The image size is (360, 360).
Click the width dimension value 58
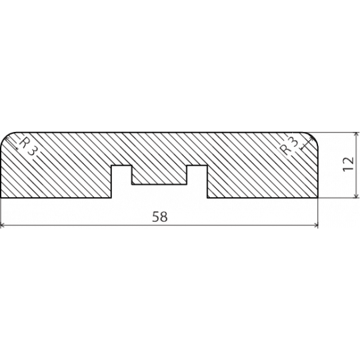(x=160, y=217)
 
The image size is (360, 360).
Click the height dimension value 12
(x=348, y=164)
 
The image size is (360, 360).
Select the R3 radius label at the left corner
(x=27, y=147)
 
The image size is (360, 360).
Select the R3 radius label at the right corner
(x=289, y=146)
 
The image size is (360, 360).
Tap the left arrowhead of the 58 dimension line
(x=3, y=225)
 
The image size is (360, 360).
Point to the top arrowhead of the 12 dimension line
(x=356, y=135)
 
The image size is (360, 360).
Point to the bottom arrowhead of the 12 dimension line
(x=356, y=195)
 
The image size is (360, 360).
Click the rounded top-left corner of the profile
(x=5, y=137)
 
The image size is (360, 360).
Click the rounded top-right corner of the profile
(x=313, y=137)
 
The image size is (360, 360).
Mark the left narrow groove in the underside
(x=121, y=181)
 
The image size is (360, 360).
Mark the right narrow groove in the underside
(x=197, y=181)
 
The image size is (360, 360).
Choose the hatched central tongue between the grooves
(x=159, y=175)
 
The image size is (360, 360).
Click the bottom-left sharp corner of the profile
(x=1, y=198)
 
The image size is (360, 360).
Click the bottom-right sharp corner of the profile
(x=318, y=198)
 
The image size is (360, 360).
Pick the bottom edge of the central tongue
(x=159, y=184)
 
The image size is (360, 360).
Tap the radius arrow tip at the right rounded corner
(x=313, y=137)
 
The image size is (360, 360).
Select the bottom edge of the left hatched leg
(x=56, y=198)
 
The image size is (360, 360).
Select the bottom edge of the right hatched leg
(x=263, y=198)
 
